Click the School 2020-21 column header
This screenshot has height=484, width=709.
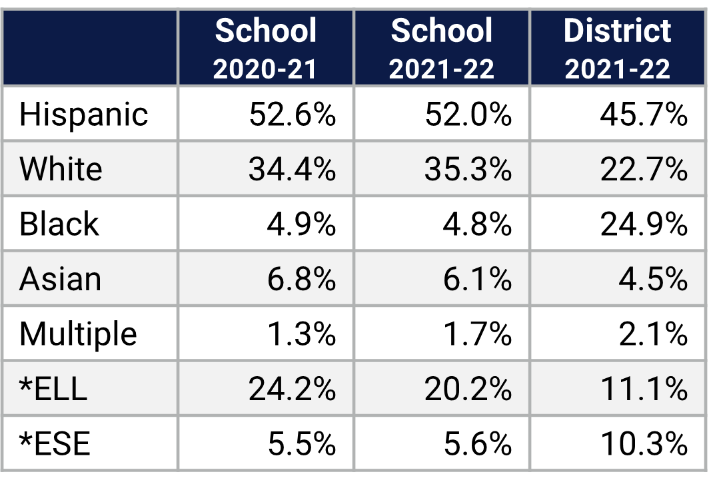pyautogui.click(x=265, y=49)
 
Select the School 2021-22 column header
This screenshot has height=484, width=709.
pyautogui.click(x=442, y=49)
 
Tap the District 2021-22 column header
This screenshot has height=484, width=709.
pyautogui.click(x=617, y=49)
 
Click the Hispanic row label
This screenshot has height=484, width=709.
pyautogui.click(x=83, y=115)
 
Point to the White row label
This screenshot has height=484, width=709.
pyautogui.click(x=61, y=169)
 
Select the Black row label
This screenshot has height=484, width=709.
pyautogui.click(x=59, y=224)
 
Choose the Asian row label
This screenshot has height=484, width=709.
pyautogui.click(x=60, y=279)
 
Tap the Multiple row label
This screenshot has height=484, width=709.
pyautogui.click(x=78, y=334)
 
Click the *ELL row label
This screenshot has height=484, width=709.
pyautogui.click(x=53, y=389)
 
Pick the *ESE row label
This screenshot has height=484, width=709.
pyautogui.click(x=55, y=443)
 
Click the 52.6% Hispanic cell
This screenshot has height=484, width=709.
pyautogui.click(x=292, y=115)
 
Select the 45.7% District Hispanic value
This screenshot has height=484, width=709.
pyautogui.click(x=644, y=115)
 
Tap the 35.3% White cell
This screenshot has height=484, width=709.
pyautogui.click(x=468, y=169)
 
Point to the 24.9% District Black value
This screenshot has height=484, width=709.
pyautogui.click(x=644, y=224)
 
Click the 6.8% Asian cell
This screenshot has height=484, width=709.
pyautogui.click(x=301, y=279)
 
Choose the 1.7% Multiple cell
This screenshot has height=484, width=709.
pyautogui.click(x=477, y=334)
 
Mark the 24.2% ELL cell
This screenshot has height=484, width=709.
pyautogui.click(x=292, y=389)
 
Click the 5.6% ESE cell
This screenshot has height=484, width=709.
pyautogui.click(x=477, y=443)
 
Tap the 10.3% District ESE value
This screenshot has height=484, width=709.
pyautogui.click(x=644, y=443)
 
